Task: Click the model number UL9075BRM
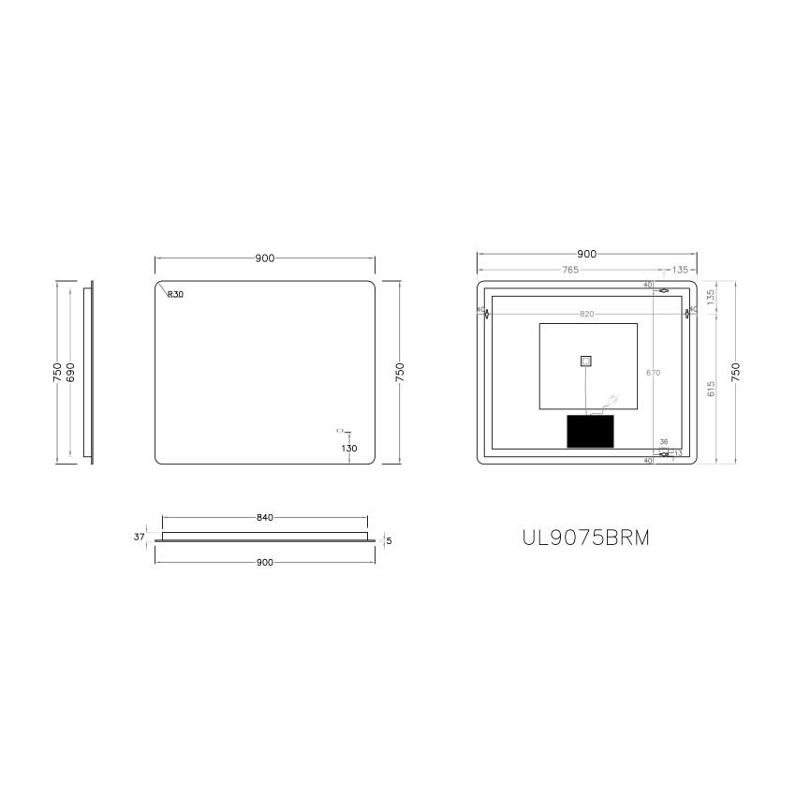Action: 585,538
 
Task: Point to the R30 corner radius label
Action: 175,294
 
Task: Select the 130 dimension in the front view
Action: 348,449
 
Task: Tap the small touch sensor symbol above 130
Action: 341,431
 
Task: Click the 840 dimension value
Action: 264,518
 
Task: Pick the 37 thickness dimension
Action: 140,538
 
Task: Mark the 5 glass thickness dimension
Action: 388,541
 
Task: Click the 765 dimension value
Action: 570,270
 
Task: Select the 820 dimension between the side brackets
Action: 586,314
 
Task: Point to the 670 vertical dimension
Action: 654,373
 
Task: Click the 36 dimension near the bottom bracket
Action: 664,442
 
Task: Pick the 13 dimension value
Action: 677,454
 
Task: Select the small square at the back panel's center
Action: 586,361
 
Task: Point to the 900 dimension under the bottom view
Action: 264,562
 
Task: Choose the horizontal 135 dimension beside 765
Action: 680,270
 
